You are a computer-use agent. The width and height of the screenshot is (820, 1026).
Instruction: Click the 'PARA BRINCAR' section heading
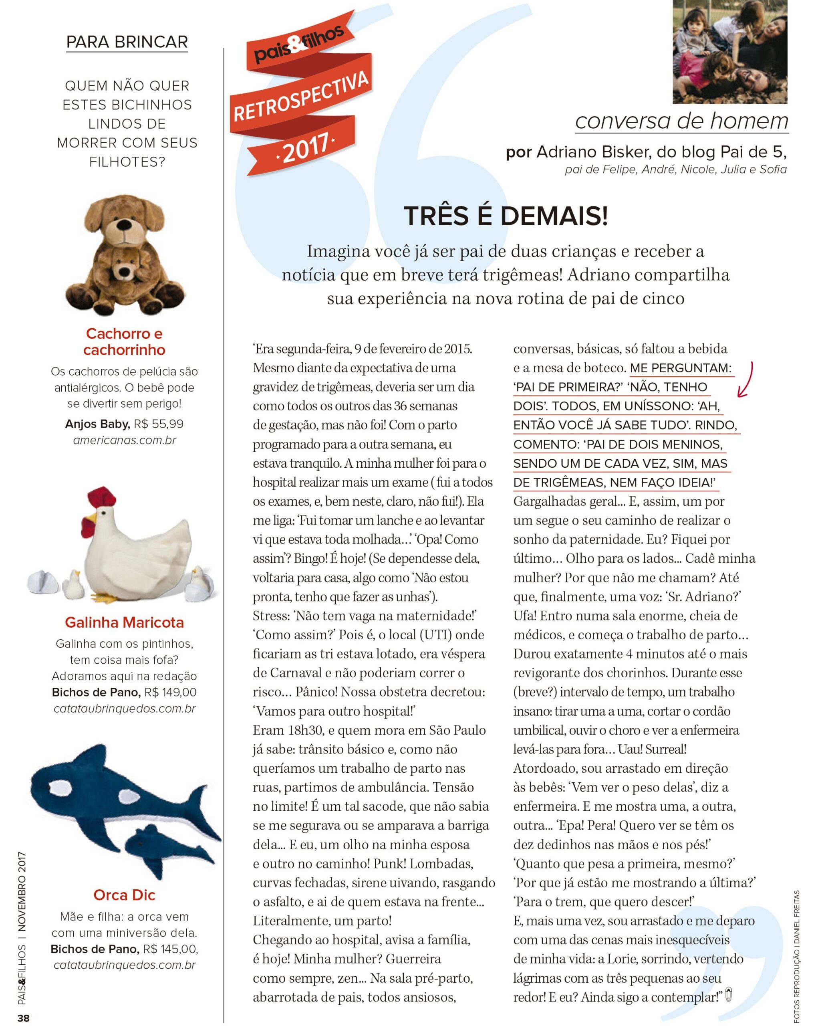click(x=127, y=42)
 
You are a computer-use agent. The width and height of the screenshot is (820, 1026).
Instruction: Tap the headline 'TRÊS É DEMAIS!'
click(x=506, y=216)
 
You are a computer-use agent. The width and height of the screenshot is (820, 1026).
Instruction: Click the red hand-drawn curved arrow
click(x=746, y=379)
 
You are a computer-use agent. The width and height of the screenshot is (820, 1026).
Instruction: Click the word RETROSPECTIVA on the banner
click(x=301, y=97)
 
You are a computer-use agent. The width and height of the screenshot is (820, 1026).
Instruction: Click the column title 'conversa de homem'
click(x=681, y=121)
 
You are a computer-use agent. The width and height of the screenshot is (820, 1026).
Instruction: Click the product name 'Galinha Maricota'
click(x=124, y=622)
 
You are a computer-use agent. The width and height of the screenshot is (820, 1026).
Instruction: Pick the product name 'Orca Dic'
click(x=124, y=895)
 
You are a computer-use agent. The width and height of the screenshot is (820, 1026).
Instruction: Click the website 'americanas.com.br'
click(x=125, y=440)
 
